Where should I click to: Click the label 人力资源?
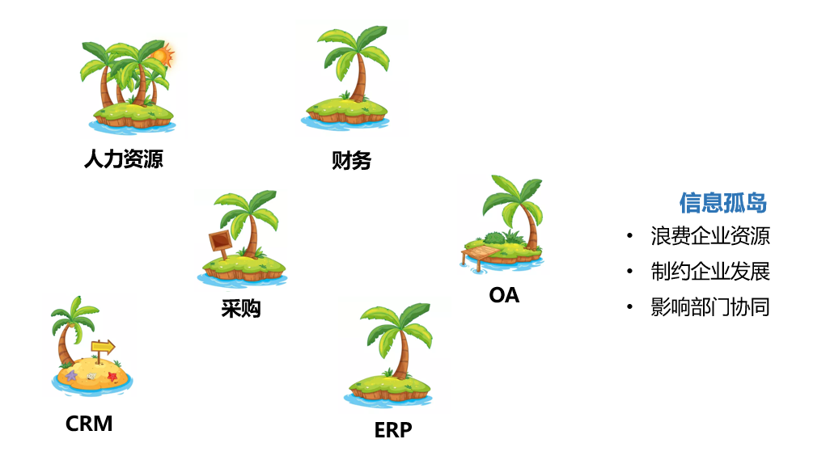(123, 158)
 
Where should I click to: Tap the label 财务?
(351, 160)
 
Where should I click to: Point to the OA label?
(504, 295)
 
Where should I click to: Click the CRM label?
(89, 423)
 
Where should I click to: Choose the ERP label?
(393, 429)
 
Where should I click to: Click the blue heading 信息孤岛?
(723, 202)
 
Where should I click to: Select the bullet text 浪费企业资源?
(710, 236)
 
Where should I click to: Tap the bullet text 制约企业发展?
(710, 272)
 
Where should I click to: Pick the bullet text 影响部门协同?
(710, 307)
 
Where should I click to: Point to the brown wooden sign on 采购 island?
(219, 241)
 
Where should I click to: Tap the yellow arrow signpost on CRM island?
(103, 347)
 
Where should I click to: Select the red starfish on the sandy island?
(112, 376)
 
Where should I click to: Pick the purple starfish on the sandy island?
(71, 375)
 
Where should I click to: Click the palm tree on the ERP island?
(396, 340)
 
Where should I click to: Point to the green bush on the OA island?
(492, 239)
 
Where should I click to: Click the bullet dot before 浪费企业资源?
(629, 237)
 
